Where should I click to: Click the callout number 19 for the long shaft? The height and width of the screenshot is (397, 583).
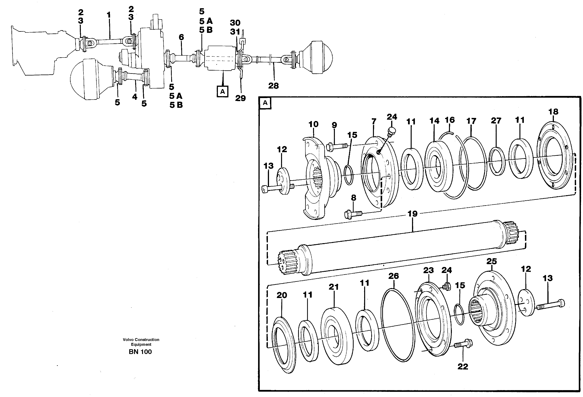point(412,214)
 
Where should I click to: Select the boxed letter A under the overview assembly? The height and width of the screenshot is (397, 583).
point(222,92)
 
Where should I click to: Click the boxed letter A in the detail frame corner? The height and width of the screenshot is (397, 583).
point(265,103)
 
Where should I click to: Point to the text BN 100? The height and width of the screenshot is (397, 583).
point(140,352)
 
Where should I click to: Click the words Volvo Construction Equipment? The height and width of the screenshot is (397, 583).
point(141,342)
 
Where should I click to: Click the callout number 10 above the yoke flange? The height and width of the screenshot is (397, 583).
point(313,124)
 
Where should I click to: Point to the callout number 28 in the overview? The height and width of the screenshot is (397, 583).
point(273,86)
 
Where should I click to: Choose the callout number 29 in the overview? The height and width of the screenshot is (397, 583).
point(240,98)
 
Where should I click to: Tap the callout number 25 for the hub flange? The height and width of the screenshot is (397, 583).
point(491,261)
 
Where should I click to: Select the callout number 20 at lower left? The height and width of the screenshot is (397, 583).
point(282,295)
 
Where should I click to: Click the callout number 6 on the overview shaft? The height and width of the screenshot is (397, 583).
point(181,37)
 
